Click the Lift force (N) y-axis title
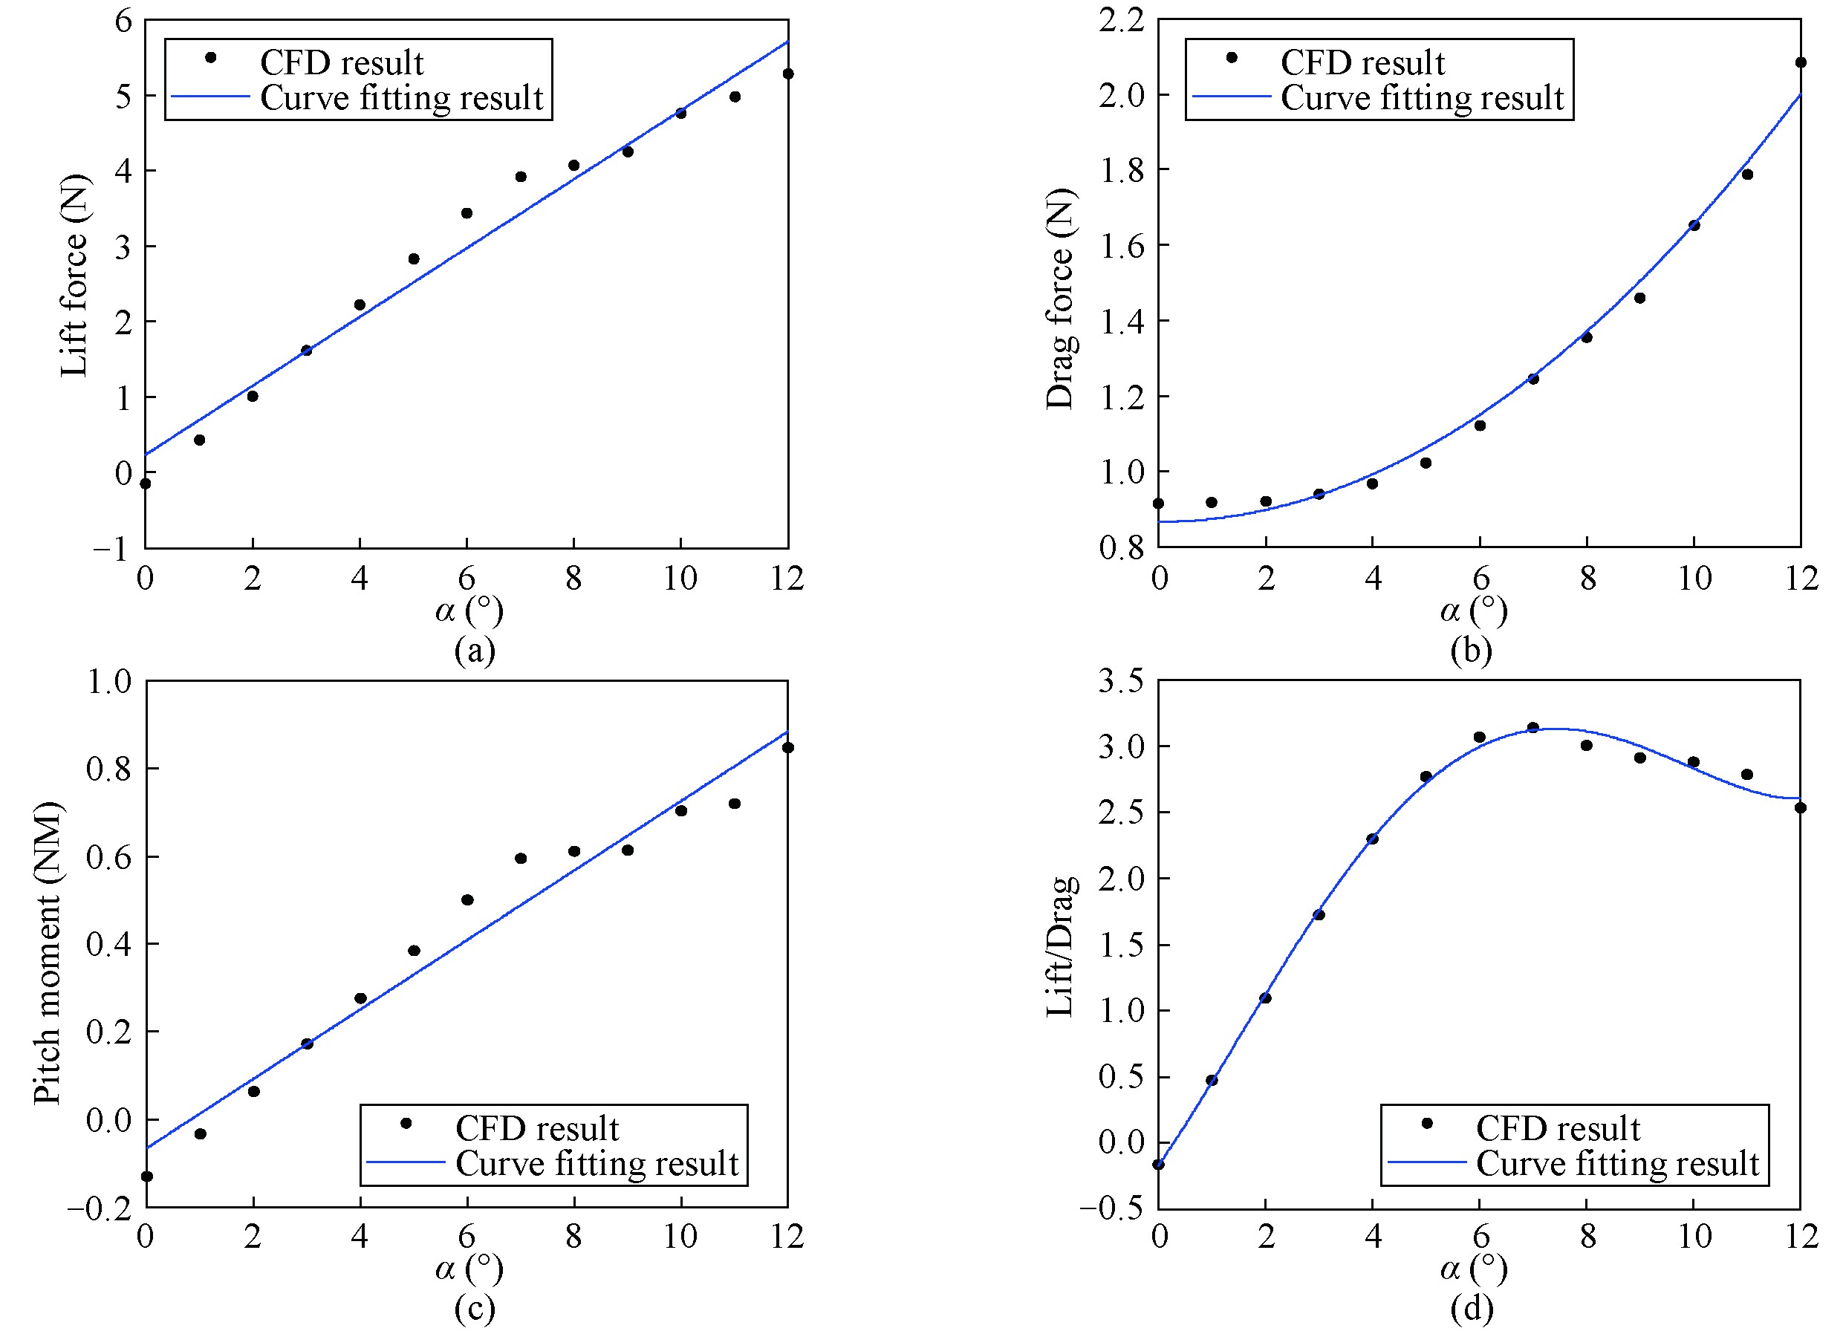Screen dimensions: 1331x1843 pos(74,276)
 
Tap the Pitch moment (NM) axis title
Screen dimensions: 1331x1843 pos(47,952)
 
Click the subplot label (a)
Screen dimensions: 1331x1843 pos(475,651)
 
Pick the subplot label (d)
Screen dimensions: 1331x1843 pos(1471,1309)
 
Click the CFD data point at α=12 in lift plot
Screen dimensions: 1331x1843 pos(787,74)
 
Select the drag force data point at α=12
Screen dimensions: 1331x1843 pos(1800,62)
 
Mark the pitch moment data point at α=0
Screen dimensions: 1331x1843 pos(147,1176)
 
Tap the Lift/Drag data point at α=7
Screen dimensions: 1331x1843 pos(1532,727)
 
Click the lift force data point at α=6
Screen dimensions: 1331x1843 pos(467,213)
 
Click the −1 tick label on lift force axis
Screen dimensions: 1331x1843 pos(111,550)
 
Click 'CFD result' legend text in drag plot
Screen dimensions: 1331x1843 pos(1362,62)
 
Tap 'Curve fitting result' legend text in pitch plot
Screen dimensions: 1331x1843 pos(597,1164)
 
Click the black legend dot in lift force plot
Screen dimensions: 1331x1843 pos(210,57)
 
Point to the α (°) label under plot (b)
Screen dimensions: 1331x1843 pos(1473,611)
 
